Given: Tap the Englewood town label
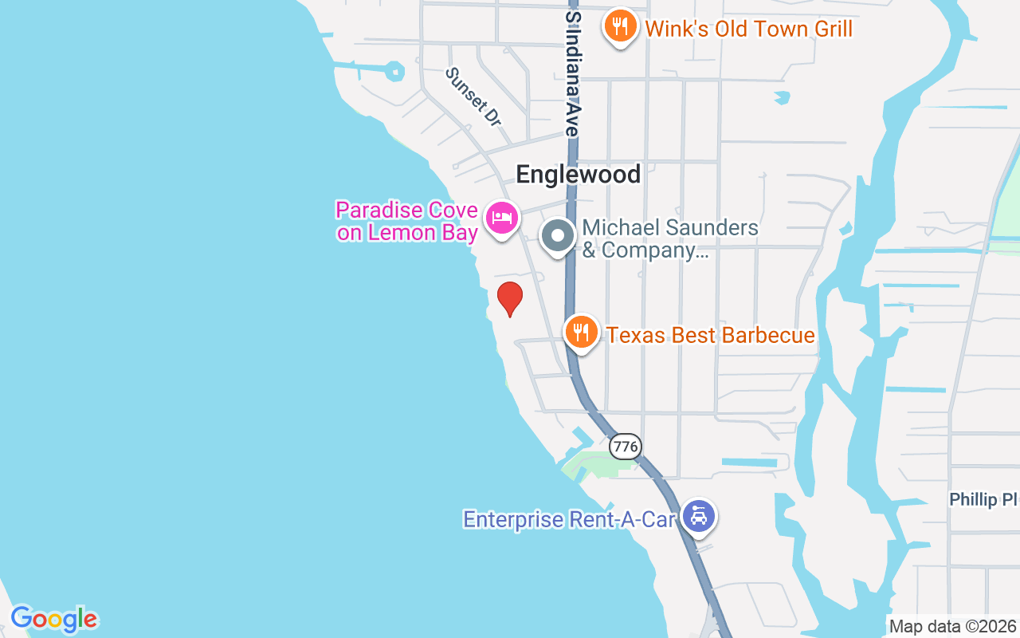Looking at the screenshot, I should (x=578, y=175).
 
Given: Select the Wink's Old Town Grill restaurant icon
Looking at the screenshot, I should (x=620, y=27).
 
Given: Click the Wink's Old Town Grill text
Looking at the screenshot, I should (x=748, y=30).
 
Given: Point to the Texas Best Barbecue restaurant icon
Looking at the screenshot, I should (x=582, y=332).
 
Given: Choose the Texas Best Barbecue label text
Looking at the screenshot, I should (x=711, y=335).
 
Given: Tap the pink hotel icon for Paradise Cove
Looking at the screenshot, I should (x=502, y=217).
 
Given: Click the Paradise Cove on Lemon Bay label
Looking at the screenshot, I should (x=407, y=222).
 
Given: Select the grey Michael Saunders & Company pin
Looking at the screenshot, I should (x=559, y=236).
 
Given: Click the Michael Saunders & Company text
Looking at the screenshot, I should (x=669, y=238).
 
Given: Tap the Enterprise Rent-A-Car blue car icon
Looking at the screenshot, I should (x=699, y=517).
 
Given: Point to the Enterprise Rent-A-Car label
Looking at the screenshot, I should (x=570, y=520).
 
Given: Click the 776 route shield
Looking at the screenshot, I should (x=626, y=447).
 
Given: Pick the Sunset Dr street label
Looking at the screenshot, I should (x=473, y=96).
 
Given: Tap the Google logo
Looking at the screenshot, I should (x=54, y=619).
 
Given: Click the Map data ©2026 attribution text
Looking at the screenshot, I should (x=953, y=626).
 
